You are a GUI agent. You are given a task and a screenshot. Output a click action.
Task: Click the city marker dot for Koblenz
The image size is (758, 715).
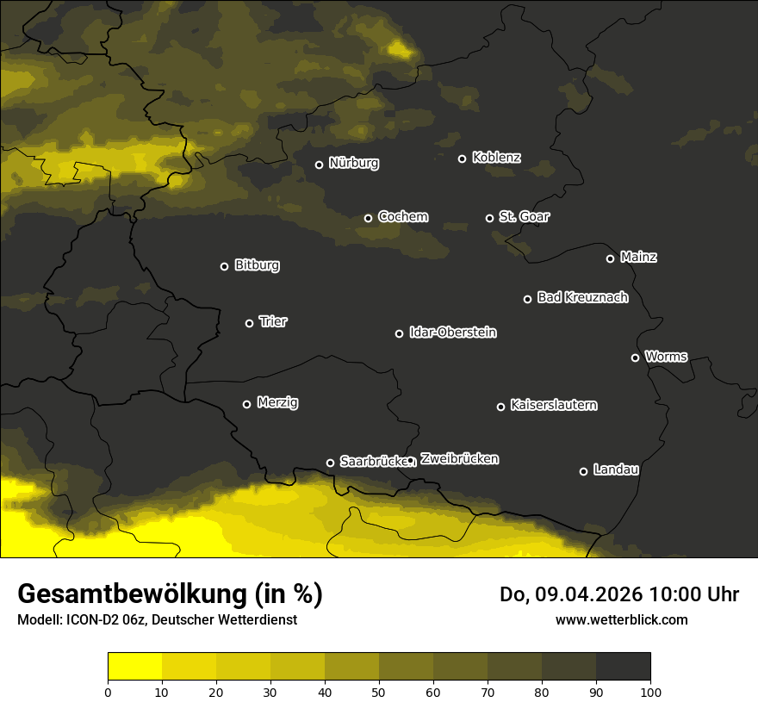[462, 159]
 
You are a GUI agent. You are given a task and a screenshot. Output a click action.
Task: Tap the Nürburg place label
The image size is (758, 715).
[353, 163]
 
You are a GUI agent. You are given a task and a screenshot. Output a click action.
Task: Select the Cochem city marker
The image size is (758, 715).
[368, 218]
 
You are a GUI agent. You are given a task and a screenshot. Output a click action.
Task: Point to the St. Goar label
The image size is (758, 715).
[524, 216]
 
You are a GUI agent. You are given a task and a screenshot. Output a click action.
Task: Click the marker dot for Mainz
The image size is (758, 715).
[610, 258]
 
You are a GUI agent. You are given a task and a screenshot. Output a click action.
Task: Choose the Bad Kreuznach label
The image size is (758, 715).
[582, 297]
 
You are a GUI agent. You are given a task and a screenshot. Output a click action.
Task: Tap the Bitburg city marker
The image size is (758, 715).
[224, 266]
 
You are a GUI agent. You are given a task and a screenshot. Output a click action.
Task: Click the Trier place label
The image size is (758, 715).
[273, 321]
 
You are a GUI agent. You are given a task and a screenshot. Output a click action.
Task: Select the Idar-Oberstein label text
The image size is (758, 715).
[452, 332]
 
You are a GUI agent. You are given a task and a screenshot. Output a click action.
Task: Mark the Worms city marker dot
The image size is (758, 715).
[635, 357]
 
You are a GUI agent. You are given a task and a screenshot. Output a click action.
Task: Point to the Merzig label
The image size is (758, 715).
[277, 402]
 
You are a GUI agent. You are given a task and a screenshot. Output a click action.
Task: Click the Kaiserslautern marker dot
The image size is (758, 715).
[500, 407]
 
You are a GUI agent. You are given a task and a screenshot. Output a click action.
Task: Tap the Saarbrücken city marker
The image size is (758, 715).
[330, 463]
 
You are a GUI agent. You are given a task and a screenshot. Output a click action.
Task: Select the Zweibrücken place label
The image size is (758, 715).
[459, 458]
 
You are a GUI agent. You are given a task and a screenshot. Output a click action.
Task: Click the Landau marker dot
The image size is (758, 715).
[583, 471]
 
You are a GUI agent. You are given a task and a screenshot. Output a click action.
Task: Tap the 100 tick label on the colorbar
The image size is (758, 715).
[650, 691]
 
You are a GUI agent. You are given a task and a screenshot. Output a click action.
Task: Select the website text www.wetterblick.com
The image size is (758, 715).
[621, 619]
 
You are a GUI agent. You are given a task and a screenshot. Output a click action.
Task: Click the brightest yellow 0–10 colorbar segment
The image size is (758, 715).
[134, 667]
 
